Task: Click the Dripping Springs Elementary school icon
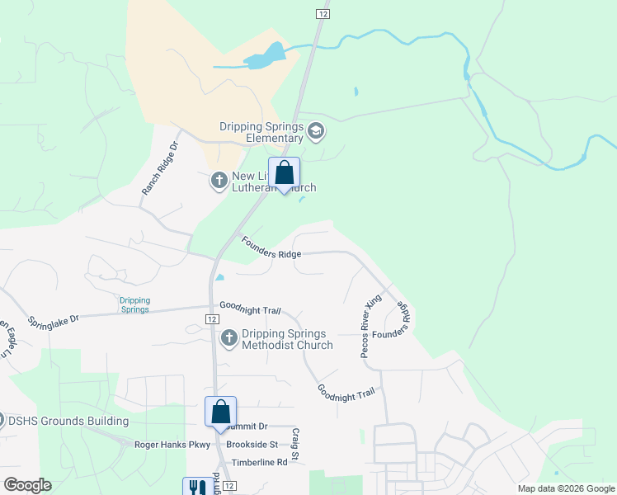315,131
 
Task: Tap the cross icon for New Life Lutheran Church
219,180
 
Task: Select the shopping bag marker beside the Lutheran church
284,173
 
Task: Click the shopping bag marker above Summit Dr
220,412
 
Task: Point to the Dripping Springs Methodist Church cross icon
229,337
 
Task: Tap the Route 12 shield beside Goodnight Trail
212,319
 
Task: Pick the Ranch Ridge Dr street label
159,169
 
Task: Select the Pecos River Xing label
367,328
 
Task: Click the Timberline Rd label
259,463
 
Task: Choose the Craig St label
293,443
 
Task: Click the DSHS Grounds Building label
68,421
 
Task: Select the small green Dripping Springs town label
134,304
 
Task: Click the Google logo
27,485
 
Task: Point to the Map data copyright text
565,488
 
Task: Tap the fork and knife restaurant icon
196,488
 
